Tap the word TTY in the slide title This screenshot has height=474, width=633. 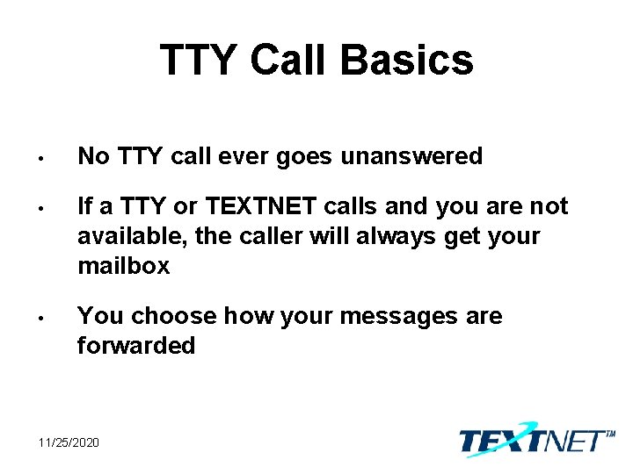pyautogui.click(x=200, y=61)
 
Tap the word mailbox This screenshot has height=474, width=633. pyautogui.click(x=123, y=266)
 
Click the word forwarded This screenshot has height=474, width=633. pyautogui.click(x=136, y=345)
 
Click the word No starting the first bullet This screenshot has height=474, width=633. pyautogui.click(x=91, y=157)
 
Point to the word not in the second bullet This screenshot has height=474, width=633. pyautogui.click(x=549, y=206)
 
